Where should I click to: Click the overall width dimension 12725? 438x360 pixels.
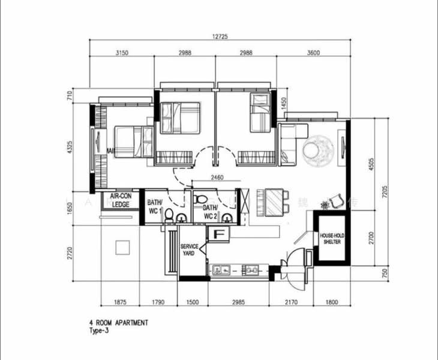220,37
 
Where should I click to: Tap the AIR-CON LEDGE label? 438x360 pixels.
121,200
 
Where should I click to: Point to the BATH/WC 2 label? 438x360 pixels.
210,212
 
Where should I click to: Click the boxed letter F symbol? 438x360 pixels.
218,234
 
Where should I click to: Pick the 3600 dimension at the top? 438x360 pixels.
313,53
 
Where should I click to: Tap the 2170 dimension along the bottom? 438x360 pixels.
291,304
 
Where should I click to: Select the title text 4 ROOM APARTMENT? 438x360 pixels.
118,323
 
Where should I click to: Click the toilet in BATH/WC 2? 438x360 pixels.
202,198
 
